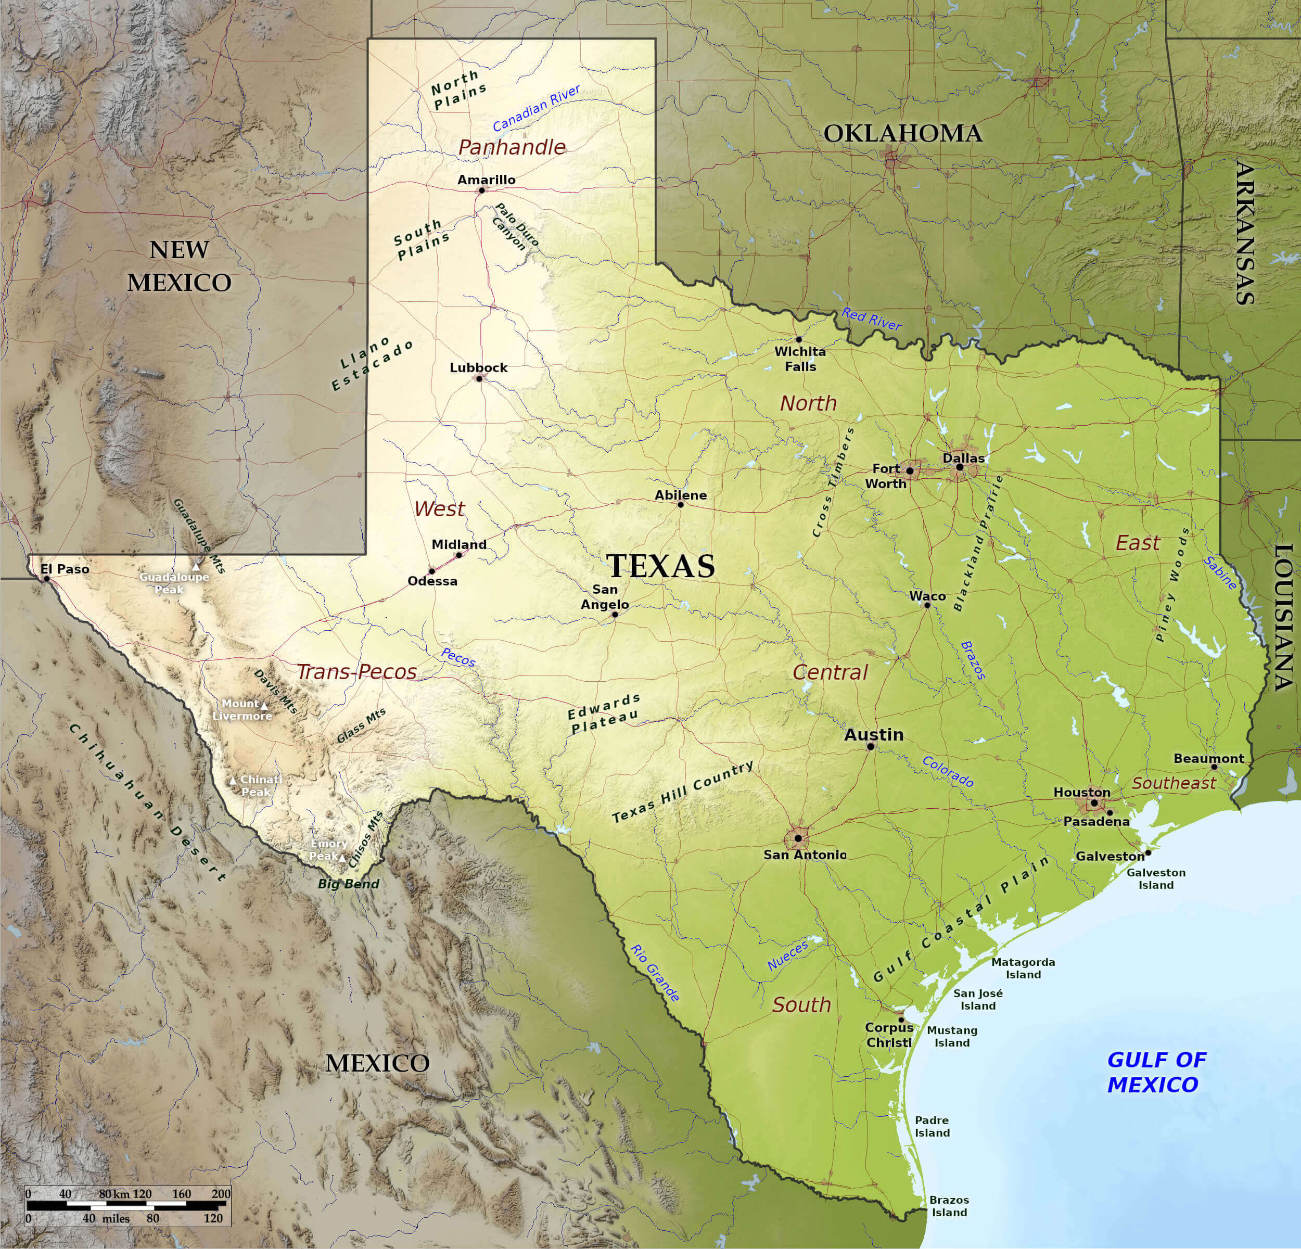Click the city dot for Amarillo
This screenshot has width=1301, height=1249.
pos(481,190)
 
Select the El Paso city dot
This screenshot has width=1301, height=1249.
pos(46,579)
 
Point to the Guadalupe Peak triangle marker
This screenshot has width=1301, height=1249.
pos(196,567)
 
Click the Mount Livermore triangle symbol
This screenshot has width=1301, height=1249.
pos(264,706)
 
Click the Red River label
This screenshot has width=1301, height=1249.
pos(872,319)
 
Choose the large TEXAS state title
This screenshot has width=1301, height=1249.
pos(661,566)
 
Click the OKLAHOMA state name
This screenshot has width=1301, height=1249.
pos(903,133)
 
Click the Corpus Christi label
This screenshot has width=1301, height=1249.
pos(889,1035)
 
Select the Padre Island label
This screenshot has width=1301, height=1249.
pos(932,1126)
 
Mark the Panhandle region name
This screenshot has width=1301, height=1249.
pos(512,147)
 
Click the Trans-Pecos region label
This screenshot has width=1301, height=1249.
pos(356,672)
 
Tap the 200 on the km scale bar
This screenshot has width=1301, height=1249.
pos(221,1194)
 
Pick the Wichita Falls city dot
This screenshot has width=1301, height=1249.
pos(798,340)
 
